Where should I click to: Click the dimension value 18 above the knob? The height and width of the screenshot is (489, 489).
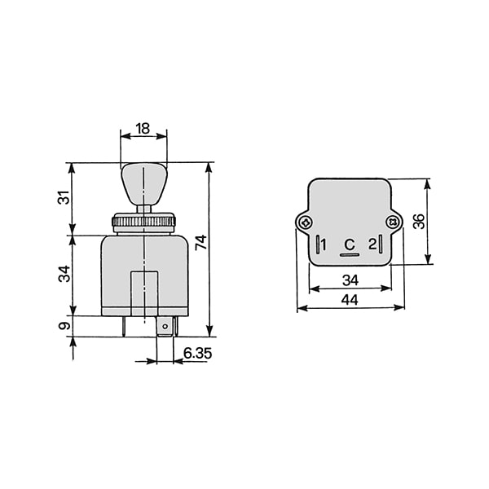[x=143, y=129]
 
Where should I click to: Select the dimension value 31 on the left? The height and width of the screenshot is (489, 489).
[x=64, y=197]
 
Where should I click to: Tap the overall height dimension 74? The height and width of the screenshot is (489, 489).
[x=201, y=242]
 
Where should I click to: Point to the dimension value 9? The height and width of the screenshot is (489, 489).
[x=64, y=326]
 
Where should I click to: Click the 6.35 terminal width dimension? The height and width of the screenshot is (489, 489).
[x=197, y=353]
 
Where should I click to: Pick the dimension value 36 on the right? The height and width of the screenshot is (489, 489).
[x=419, y=222]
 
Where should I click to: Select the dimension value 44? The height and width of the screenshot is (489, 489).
[x=350, y=300]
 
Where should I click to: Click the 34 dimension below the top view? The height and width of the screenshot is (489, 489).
[x=350, y=280]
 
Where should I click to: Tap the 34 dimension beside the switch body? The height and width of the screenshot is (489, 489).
[x=64, y=274]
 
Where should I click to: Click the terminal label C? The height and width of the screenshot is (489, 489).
[x=350, y=244]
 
